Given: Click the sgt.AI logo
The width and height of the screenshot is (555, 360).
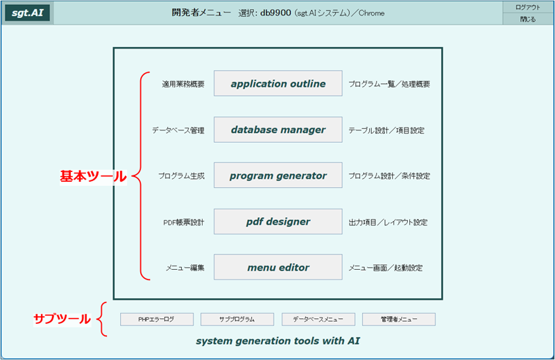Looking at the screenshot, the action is pos(28,12).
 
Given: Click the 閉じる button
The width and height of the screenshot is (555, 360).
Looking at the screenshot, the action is pos(528,19).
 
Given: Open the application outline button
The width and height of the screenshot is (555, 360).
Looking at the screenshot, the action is pos(278,83).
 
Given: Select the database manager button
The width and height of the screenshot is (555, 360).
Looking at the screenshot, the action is pos(278,130).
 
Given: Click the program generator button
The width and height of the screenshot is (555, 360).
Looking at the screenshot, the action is pos(278,175).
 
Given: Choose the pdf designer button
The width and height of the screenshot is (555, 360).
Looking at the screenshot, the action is pos(278,221).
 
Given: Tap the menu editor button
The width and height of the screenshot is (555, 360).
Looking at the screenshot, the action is pos(278,267).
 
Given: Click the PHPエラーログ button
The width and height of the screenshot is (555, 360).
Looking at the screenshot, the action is pos(157,319).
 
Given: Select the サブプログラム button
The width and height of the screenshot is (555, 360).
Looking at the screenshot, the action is pos(237,319).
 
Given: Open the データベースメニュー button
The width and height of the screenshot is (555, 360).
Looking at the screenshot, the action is pos(318,319).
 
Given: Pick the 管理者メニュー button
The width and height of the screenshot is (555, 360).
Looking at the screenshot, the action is pos(399,319).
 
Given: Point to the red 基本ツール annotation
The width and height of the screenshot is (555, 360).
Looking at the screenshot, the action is pos(93,176).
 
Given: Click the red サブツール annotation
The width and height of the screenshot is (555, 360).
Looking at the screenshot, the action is pos(62,319).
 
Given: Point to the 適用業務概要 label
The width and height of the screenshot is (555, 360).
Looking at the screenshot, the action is pos(183,84).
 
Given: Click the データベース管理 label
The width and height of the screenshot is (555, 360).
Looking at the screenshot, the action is pos(178,130).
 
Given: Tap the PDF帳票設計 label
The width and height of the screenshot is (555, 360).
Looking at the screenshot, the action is pos(184,222).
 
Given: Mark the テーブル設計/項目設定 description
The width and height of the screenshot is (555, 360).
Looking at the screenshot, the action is pos(386,130).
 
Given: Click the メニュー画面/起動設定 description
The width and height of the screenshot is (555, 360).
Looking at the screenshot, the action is pos(386,268).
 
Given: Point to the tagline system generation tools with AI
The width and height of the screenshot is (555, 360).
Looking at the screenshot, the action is pos(278,341).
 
